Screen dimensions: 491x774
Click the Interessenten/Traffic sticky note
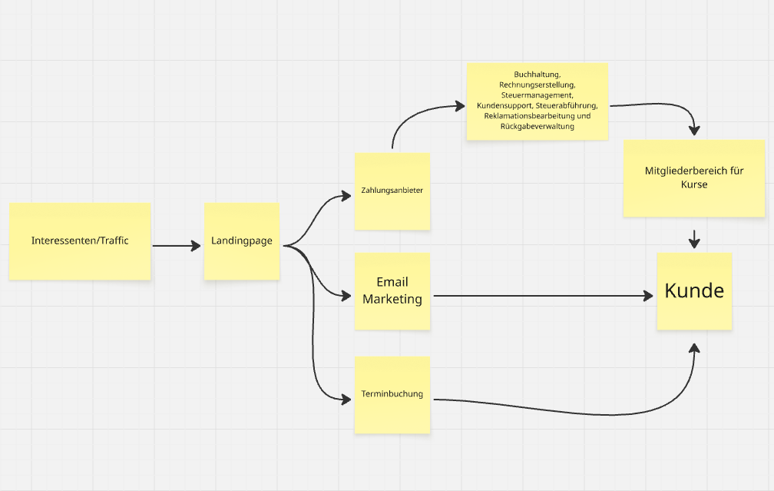click(80, 241)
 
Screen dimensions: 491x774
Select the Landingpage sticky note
click(242, 241)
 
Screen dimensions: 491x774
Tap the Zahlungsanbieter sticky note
click(392, 191)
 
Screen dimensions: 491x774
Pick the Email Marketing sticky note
click(392, 291)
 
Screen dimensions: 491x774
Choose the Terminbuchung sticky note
click(392, 395)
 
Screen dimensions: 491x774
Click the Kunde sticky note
click(694, 291)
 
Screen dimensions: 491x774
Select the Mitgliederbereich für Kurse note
click(694, 178)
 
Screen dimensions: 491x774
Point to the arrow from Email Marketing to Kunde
click(537, 296)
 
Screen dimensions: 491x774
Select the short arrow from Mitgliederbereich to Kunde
click(694, 240)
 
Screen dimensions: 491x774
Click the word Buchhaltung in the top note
click(537, 74)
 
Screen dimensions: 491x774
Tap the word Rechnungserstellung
click(537, 84)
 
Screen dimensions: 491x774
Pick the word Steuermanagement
click(536, 95)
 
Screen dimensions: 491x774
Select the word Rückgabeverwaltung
click(537, 126)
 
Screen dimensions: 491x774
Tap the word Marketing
click(392, 299)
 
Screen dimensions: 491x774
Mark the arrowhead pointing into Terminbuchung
click(347, 398)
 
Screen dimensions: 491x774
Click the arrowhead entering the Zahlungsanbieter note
click(347, 197)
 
